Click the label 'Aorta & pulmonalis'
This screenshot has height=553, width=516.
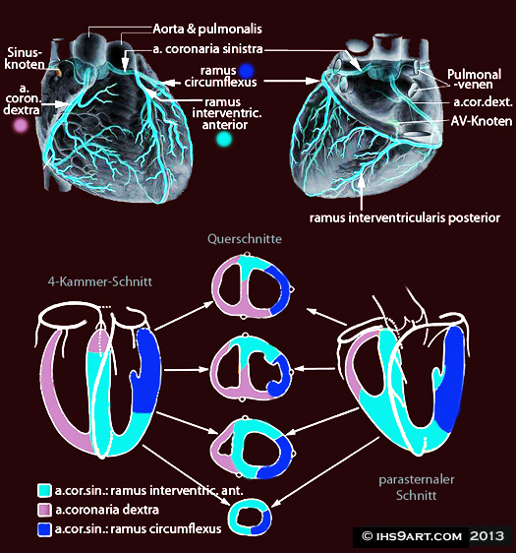coord(207,29)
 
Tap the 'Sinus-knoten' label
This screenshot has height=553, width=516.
coord(25,58)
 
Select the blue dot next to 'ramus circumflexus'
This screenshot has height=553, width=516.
coord(246,71)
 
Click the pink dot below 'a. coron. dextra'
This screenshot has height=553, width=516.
coord(21,125)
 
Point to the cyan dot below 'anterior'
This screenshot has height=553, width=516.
coord(224,140)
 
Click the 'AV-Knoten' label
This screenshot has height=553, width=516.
coord(482,121)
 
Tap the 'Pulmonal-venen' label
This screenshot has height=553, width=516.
coord(474,79)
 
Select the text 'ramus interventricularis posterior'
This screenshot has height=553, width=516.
coord(405,217)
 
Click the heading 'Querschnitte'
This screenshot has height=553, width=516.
coord(245,239)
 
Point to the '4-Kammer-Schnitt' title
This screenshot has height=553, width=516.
coord(100,281)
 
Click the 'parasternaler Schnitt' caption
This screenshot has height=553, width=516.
coord(417,487)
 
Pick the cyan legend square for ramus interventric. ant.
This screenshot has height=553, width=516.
coord(44,490)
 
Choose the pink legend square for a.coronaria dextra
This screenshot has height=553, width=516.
coord(44,510)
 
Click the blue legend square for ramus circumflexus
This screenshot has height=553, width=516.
coord(44,529)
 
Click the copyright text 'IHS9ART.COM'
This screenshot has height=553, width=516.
coord(419,537)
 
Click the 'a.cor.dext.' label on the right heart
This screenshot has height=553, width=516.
coord(483,102)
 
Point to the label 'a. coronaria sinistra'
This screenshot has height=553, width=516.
coord(207,48)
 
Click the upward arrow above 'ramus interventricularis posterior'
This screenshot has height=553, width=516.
coord(362,193)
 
